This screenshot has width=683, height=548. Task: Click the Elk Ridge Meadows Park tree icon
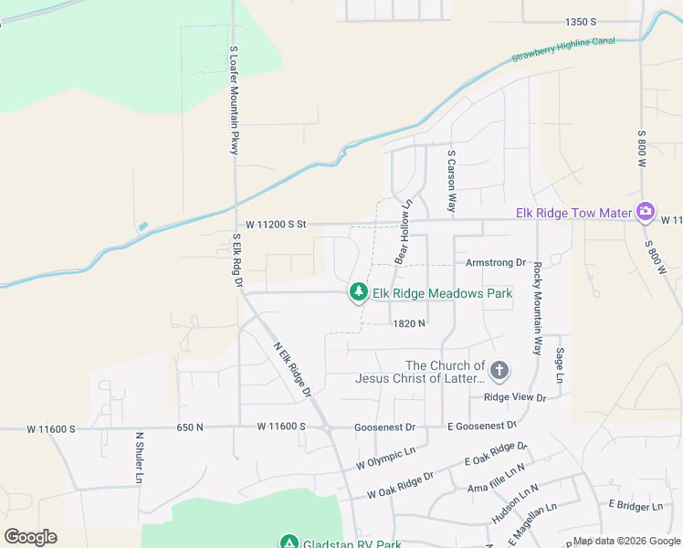click(x=359, y=292)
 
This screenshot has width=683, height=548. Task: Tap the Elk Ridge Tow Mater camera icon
click(x=646, y=213)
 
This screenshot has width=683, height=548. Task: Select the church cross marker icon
click(x=499, y=371)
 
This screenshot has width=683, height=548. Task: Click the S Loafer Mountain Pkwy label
click(x=234, y=100)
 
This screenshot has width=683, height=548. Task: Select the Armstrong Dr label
click(x=496, y=262)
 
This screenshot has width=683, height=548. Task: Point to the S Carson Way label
click(x=451, y=182)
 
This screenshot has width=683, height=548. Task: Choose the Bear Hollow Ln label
click(x=404, y=232)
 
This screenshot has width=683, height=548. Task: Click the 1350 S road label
click(x=581, y=21)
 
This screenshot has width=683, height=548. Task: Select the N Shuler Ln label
click(x=140, y=458)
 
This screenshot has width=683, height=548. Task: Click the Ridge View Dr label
click(x=514, y=397)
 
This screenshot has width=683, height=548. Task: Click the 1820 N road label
click(x=410, y=323)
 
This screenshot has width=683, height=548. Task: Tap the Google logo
click(x=30, y=536)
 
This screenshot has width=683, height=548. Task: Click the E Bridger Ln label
click(x=636, y=506)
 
